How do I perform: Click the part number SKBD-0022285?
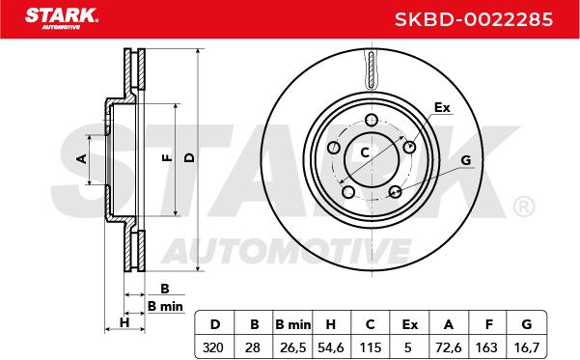pyautogui.click(x=474, y=19)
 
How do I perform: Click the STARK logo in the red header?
pyautogui.click(x=62, y=18)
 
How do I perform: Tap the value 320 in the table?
pyautogui.click(x=213, y=347)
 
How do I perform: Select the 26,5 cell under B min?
pyautogui.click(x=292, y=347)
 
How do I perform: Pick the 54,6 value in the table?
pyautogui.click(x=331, y=347)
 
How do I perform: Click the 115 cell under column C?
pyautogui.click(x=371, y=347)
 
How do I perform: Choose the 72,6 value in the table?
pyautogui.click(x=449, y=347)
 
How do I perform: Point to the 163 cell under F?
pyautogui.click(x=486, y=347)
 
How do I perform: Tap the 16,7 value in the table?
pyautogui.click(x=527, y=347)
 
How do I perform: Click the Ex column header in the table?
pyautogui.click(x=410, y=324)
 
